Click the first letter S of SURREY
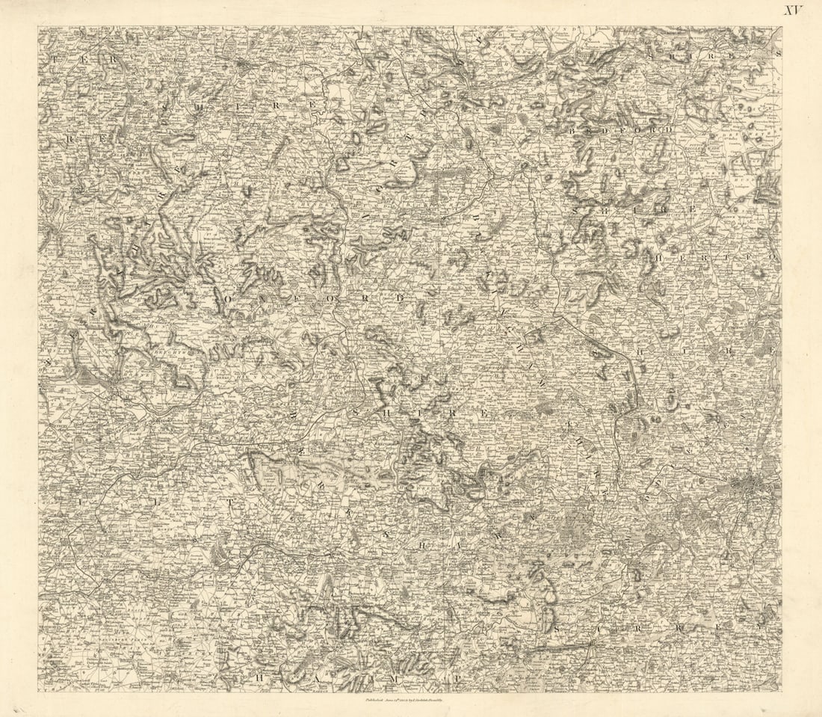click(x=557, y=629)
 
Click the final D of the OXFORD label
click(x=400, y=298)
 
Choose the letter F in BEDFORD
click(x=621, y=129)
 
